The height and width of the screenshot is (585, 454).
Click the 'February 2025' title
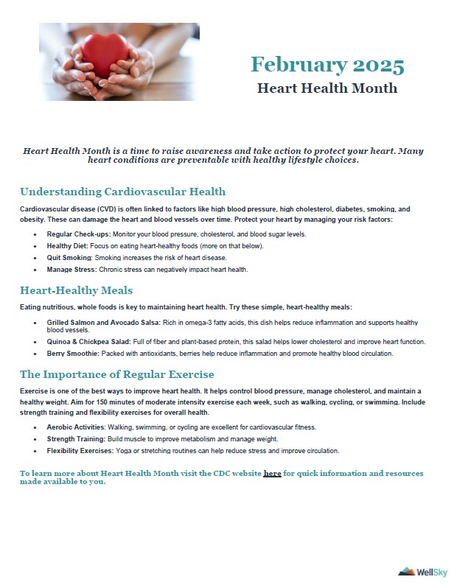327,65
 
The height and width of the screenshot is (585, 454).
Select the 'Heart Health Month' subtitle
327,88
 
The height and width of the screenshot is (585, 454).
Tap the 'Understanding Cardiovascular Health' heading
122,192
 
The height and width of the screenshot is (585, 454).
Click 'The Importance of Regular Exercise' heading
117,374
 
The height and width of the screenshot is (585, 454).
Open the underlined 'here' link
272,473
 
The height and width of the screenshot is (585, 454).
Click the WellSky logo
420,570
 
